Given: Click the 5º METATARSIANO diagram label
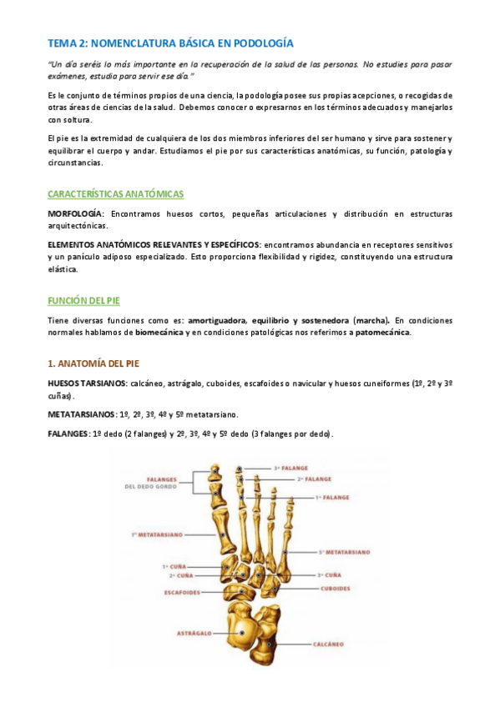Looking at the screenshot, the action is [x=344, y=552].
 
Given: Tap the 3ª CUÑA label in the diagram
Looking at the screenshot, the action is [x=328, y=575].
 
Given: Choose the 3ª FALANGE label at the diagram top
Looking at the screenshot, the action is [x=290, y=469].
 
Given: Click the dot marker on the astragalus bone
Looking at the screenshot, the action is [x=241, y=634].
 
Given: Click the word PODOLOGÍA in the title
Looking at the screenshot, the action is [x=261, y=43].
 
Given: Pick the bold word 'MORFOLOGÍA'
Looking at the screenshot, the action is [x=76, y=214].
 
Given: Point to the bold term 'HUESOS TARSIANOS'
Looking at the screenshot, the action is [x=88, y=383].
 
